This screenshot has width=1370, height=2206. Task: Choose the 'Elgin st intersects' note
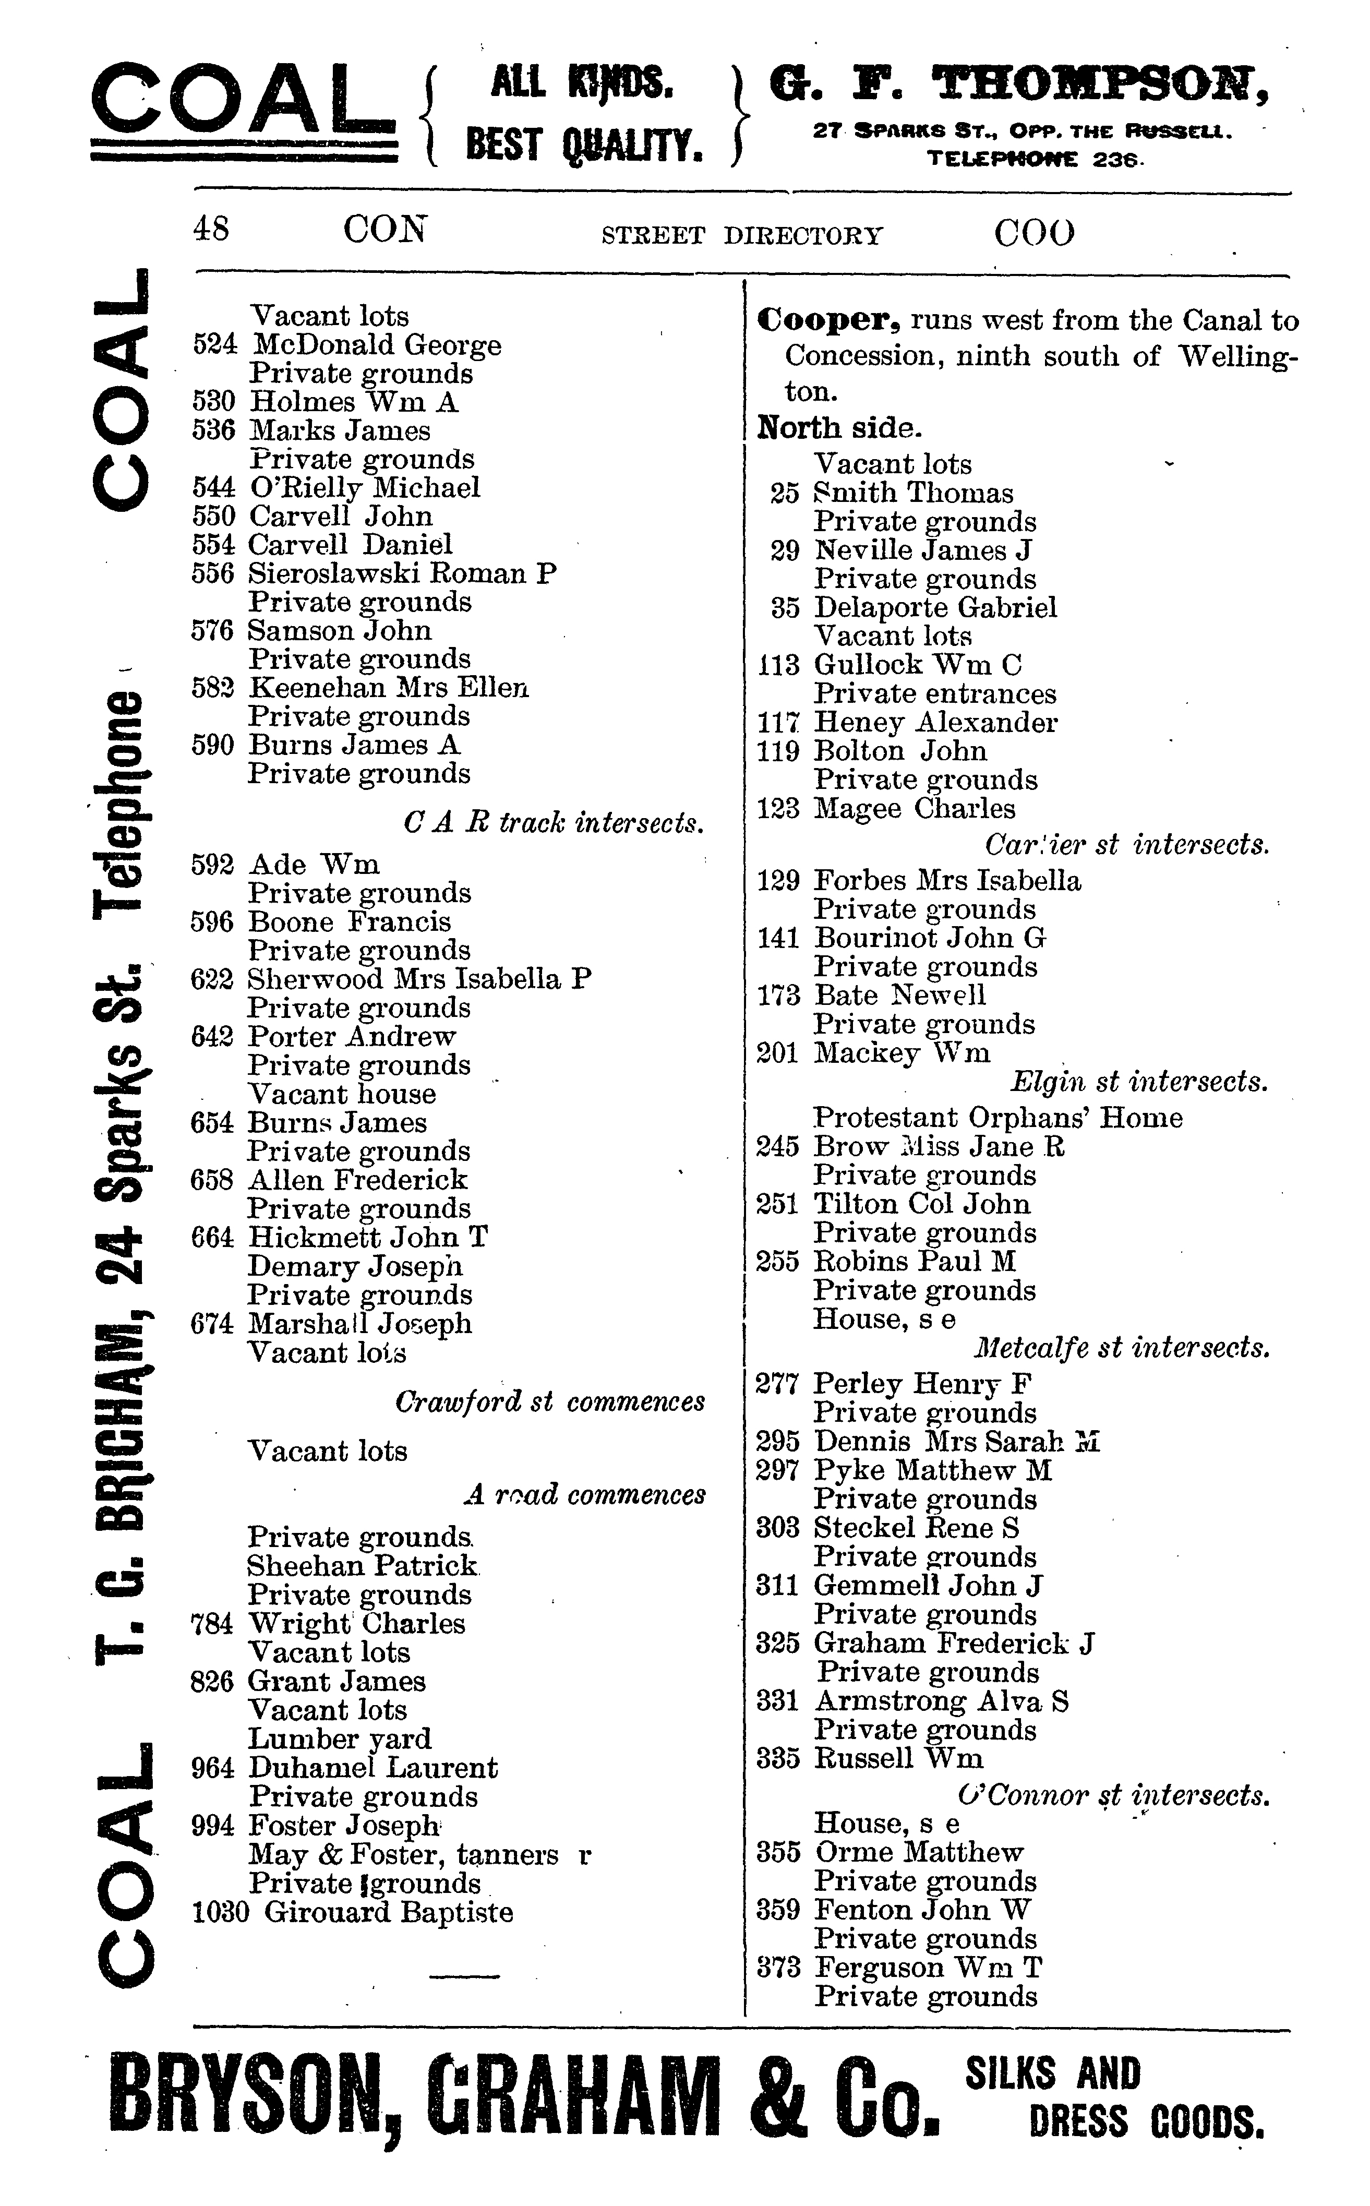click(1139, 1082)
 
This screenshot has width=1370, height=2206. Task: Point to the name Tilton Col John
click(921, 1204)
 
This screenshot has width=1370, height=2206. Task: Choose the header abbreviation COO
click(1034, 233)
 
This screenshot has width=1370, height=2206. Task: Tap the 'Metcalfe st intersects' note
click(1122, 1349)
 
